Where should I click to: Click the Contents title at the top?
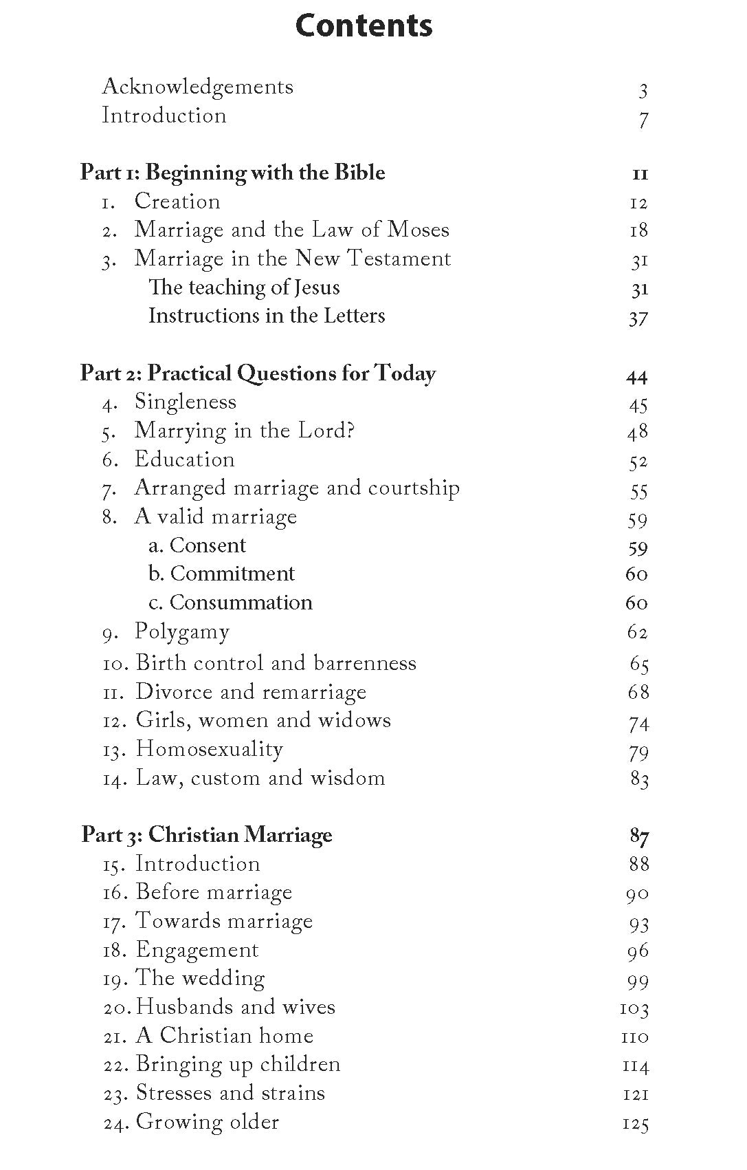[x=364, y=25]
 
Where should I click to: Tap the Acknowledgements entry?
[x=197, y=87]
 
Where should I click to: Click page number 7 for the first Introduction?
[x=643, y=120]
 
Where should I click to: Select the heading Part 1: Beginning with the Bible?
[x=232, y=172]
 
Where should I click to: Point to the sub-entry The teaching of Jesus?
[x=244, y=287]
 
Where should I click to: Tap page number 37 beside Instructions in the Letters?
[x=638, y=317]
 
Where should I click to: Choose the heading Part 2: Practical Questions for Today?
[x=258, y=373]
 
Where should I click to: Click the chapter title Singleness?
[x=185, y=402]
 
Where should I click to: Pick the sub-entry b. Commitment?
[x=221, y=574]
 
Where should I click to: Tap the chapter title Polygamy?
[x=181, y=632]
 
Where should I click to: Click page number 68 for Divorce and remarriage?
[x=638, y=691]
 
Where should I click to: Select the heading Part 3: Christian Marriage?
[x=206, y=834]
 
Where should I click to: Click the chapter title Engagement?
[x=197, y=950]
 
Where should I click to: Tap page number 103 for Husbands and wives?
[x=634, y=1008]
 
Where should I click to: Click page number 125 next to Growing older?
[x=635, y=1123]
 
